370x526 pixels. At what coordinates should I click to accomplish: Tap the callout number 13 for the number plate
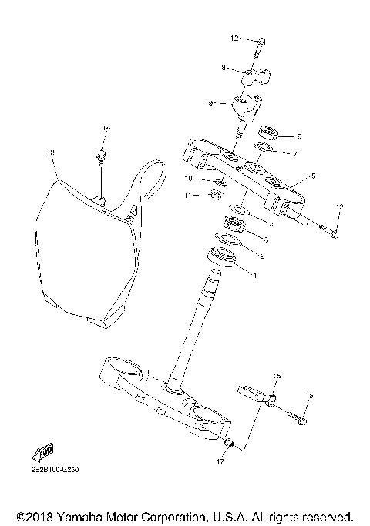(x=50, y=152)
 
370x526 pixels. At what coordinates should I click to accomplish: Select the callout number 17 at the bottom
(x=220, y=462)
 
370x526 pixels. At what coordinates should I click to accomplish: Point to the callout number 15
(x=277, y=376)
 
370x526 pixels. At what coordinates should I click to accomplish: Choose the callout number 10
(x=189, y=179)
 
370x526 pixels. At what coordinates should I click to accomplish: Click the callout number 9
(x=210, y=102)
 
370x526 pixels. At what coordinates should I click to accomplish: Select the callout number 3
(x=266, y=240)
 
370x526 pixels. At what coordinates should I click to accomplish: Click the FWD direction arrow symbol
(x=38, y=453)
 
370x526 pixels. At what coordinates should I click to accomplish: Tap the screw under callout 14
(x=101, y=159)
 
